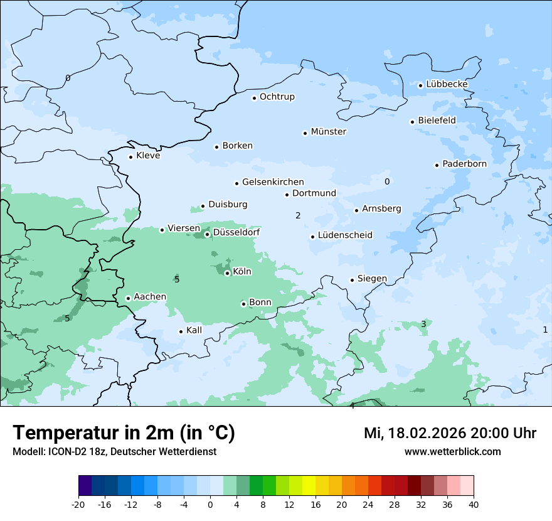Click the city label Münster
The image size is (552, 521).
(328, 132)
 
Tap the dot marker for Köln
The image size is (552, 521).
(227, 273)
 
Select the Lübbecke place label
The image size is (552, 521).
(447, 84)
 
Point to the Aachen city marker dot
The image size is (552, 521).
(128, 298)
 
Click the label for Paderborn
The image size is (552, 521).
(464, 164)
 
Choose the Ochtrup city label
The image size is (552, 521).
(277, 97)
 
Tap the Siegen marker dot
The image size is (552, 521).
(353, 280)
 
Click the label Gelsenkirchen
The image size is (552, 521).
(273, 182)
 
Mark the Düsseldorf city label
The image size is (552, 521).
(236, 233)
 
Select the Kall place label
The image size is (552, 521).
(194, 330)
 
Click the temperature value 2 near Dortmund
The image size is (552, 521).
(298, 216)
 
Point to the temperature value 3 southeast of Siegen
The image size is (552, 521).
(423, 324)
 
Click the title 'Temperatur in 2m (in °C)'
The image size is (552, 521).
(124, 433)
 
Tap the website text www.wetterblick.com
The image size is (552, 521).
(452, 452)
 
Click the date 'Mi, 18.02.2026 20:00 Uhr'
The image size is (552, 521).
(450, 433)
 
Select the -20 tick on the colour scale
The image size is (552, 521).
(78, 505)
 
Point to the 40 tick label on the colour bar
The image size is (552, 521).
(474, 505)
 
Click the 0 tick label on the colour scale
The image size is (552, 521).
(210, 505)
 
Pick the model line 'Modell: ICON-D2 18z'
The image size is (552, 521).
(60, 452)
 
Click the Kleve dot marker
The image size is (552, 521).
(130, 157)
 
